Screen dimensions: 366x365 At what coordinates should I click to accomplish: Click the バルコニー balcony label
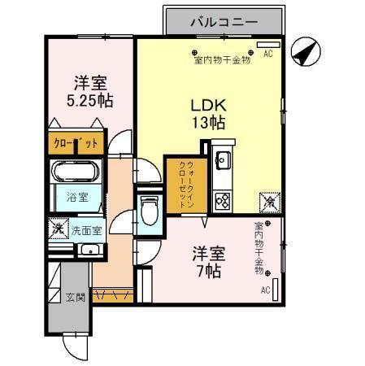(224, 22)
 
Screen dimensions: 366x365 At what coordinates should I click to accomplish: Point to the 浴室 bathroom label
(76, 198)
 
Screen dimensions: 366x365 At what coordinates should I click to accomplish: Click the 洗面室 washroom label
(84, 230)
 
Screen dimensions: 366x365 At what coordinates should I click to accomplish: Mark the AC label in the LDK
(268, 55)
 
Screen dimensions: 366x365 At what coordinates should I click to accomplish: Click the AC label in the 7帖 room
(265, 290)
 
